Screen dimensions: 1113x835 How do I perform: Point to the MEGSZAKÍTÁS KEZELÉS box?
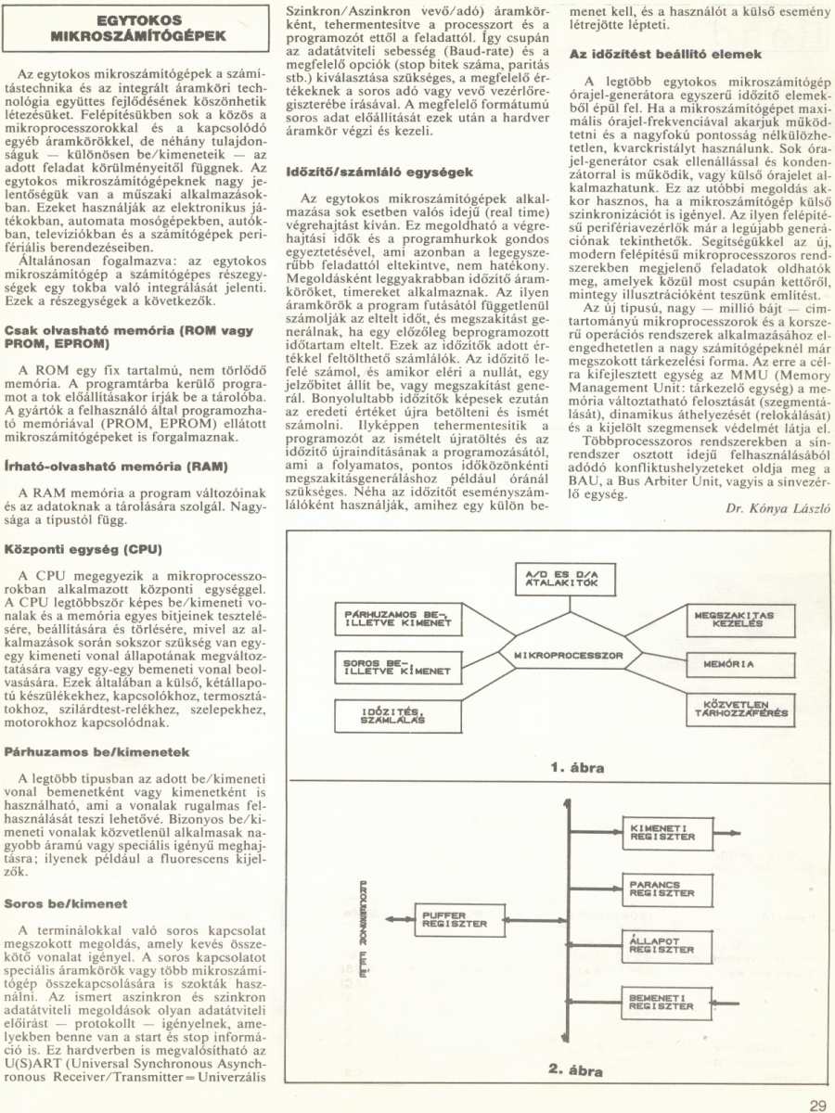coord(735,620)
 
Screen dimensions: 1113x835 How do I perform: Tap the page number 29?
coord(816,1104)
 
